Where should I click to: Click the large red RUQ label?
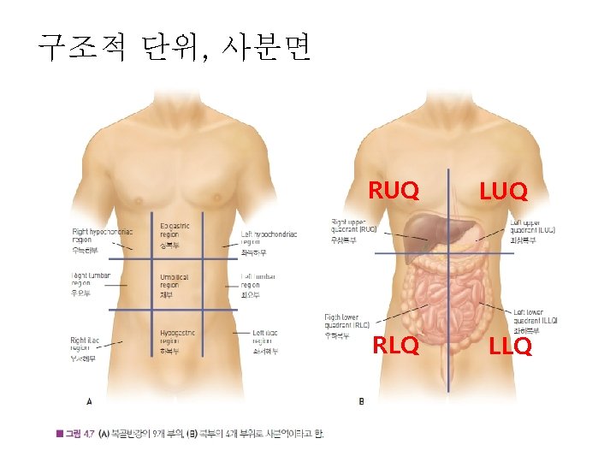pos(394,190)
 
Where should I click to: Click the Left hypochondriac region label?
pos(269,239)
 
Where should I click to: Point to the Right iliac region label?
pos(85,346)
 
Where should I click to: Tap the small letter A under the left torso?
pos(90,400)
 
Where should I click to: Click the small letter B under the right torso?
pos(361,400)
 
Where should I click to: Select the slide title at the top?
pos(175,46)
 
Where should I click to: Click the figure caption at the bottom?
pos(190,434)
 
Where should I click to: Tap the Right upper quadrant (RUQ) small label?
pos(353,227)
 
